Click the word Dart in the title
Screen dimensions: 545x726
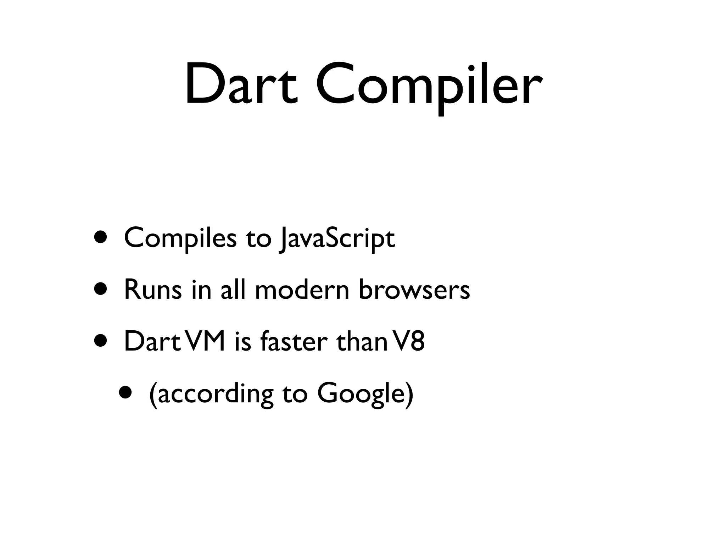(x=241, y=85)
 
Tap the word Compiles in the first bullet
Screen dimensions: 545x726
(x=180, y=238)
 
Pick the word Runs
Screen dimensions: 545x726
(x=153, y=290)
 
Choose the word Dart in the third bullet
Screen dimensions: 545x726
(x=152, y=341)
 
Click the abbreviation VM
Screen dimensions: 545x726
(x=205, y=341)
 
